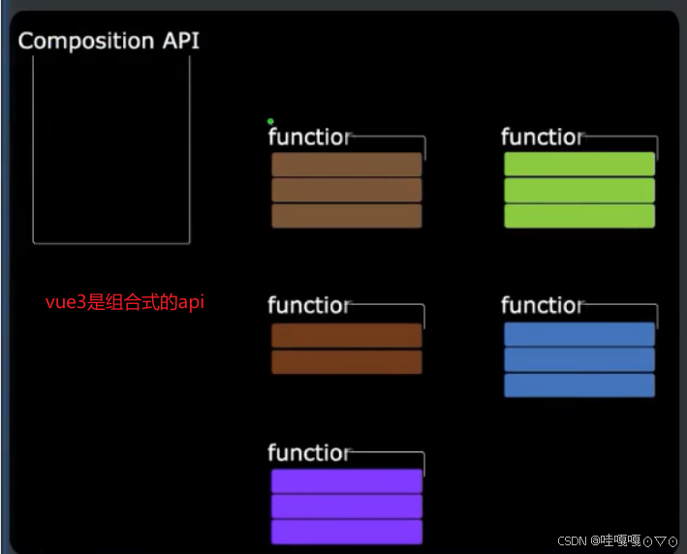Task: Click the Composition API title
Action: tap(109, 41)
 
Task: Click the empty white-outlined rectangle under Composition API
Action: tap(110, 149)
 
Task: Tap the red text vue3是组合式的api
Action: tap(125, 302)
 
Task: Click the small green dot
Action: tap(270, 121)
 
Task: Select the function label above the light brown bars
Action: tap(308, 138)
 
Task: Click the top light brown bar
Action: tap(346, 165)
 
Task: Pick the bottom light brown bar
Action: tap(346, 216)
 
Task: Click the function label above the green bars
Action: tap(543, 138)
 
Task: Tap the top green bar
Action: tap(579, 165)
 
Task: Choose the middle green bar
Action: tap(579, 190)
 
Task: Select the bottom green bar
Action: tap(579, 216)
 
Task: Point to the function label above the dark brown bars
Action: tap(308, 306)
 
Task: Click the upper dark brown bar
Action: tap(346, 335)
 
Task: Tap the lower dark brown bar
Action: tap(346, 362)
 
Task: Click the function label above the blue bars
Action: tap(543, 306)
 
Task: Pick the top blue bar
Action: tap(579, 334)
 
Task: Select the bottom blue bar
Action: tap(579, 385)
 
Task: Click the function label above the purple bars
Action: tap(308, 453)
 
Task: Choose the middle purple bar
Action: tap(346, 507)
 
